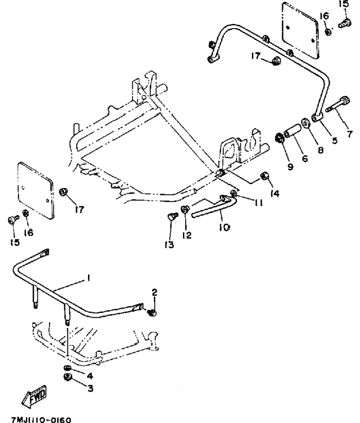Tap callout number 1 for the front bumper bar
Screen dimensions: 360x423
click(88, 278)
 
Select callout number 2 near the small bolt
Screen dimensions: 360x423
click(154, 292)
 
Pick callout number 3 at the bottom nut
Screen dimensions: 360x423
click(90, 388)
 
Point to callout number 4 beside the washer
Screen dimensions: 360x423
click(90, 375)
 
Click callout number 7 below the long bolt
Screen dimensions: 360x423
click(349, 134)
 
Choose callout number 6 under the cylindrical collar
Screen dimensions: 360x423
click(305, 159)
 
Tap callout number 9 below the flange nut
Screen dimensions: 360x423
click(290, 167)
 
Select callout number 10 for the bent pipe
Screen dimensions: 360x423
click(224, 228)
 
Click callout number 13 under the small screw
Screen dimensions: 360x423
click(170, 245)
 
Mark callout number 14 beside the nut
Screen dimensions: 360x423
click(275, 193)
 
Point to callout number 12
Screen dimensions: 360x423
click(186, 235)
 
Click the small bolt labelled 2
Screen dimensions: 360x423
click(152, 313)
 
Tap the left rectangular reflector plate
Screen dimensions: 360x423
click(36, 191)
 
